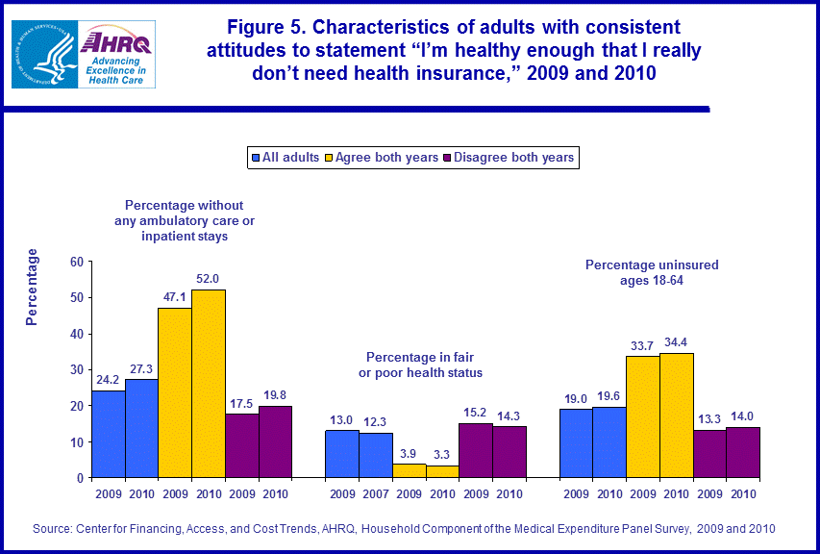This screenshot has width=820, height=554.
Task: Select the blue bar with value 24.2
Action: tap(109, 434)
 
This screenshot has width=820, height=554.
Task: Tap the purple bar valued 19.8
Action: tap(275, 441)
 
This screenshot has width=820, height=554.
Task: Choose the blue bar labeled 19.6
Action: tap(609, 442)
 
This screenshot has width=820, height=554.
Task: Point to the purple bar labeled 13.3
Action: tap(710, 453)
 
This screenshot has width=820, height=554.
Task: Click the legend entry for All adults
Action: tap(285, 157)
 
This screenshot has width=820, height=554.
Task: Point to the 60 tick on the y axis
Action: tap(74, 261)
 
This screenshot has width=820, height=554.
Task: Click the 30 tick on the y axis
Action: tap(74, 369)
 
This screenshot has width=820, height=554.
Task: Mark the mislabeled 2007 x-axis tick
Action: tap(376, 494)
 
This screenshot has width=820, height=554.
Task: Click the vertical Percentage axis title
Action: tap(32, 287)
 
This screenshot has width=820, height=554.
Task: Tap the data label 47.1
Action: tap(175, 298)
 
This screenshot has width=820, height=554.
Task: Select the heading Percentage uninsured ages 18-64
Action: tap(652, 272)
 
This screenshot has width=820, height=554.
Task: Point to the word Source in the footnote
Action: tap(53, 529)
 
